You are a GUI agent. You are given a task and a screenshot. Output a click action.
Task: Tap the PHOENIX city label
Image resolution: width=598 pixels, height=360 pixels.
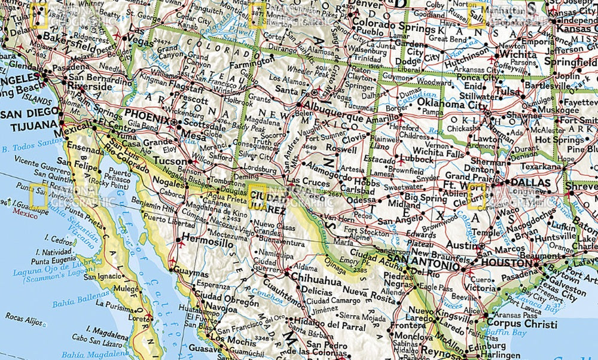[x=147, y=118]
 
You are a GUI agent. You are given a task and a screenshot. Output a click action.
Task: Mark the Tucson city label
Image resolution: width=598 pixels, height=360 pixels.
[x=170, y=161]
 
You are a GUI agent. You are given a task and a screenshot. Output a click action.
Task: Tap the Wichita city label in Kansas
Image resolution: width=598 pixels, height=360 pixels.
[x=518, y=54]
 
